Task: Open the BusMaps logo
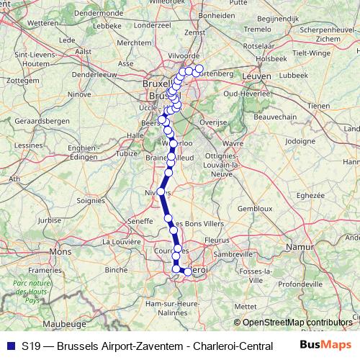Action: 325,346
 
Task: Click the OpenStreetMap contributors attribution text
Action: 295,323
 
